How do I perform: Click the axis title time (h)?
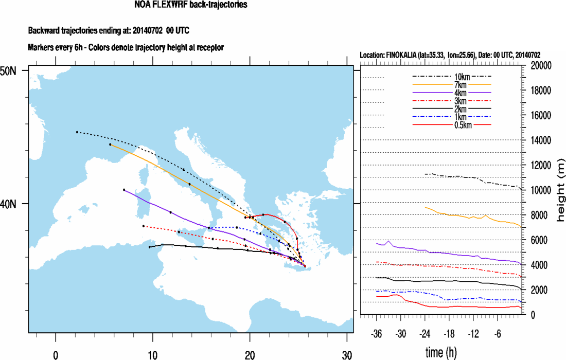coord(442,353)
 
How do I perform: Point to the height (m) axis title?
coord(560,190)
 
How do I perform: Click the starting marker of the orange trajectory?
coord(110,145)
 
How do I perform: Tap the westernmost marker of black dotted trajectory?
coord(77,132)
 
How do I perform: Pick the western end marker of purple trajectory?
coord(124,190)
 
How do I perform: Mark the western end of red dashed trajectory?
coord(144,226)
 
